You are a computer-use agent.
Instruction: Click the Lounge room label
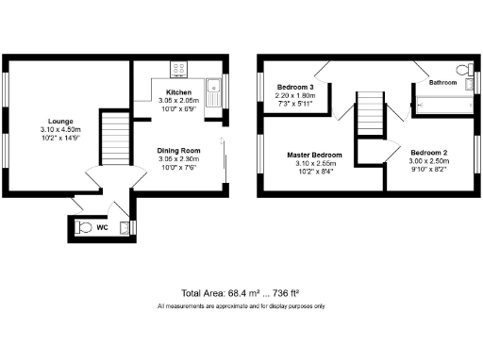tap(61, 121)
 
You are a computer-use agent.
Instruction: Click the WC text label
tap(102, 226)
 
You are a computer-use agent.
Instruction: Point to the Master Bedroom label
tap(314, 155)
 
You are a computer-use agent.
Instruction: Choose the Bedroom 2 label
tap(429, 153)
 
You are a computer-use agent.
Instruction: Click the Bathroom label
tap(442, 83)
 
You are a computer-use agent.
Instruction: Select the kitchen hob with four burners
tap(178, 69)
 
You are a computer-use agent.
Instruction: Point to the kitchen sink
tap(214, 95)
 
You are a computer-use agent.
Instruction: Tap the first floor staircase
tap(370, 113)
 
